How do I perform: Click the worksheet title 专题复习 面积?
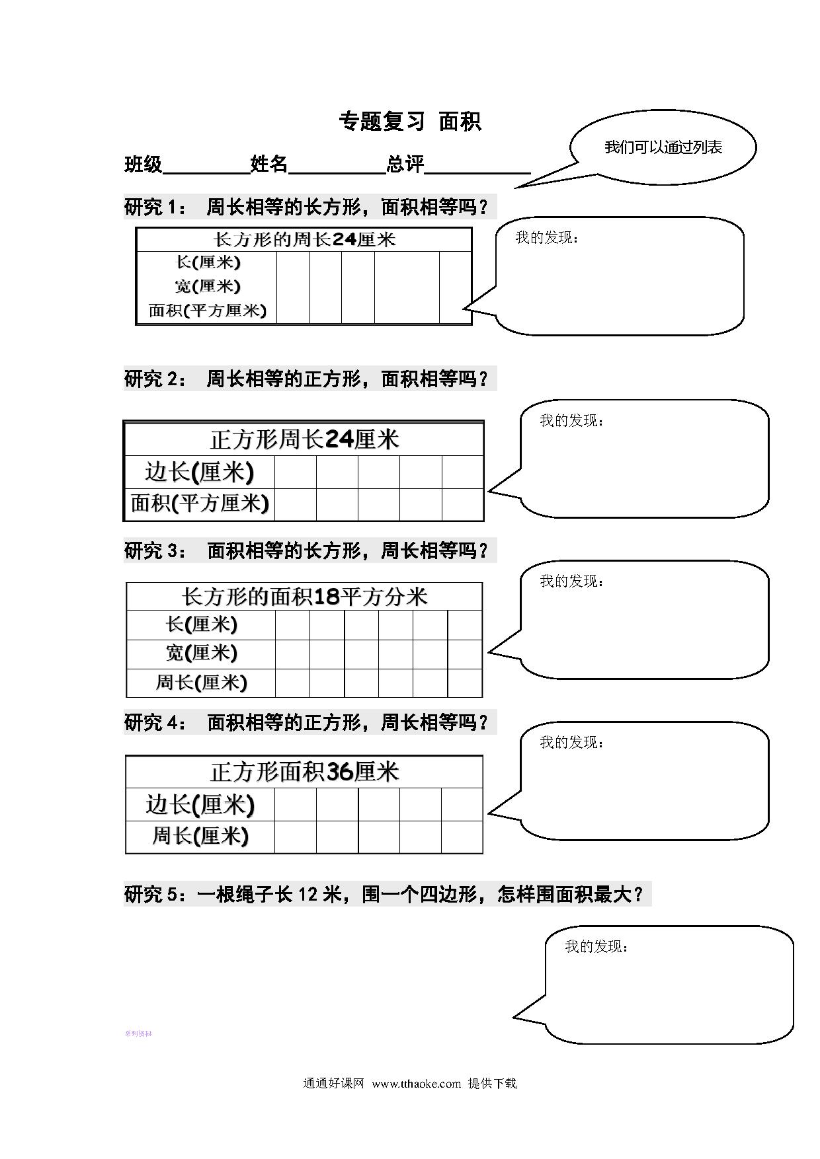point(410,122)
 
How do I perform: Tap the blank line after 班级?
point(206,173)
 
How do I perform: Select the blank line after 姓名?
point(337,173)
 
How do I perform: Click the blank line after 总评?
point(477,173)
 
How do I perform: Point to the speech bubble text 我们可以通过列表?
point(663,147)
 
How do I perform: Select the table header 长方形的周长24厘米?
point(304,239)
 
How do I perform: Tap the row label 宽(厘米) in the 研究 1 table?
point(208,286)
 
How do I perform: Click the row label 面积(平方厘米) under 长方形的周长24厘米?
point(208,310)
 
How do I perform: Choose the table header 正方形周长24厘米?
point(304,439)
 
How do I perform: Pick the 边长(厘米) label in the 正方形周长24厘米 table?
point(200,472)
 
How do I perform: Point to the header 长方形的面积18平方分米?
point(304,597)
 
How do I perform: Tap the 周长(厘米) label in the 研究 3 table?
point(201,682)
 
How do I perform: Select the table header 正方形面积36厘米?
point(304,772)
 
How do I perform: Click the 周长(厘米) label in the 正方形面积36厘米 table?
point(200,836)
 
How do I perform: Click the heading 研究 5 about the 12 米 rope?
point(384,895)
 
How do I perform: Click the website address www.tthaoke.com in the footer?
point(416,1084)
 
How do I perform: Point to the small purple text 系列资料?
point(138,1033)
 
